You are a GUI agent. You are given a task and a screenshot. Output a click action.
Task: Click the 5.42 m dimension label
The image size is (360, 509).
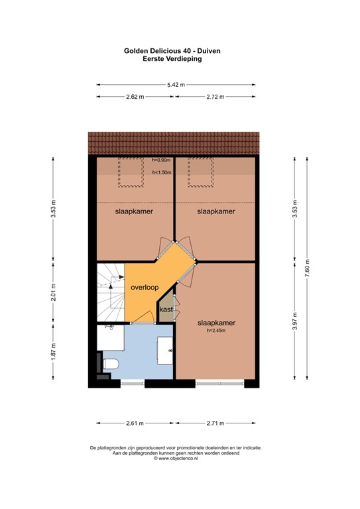[x=176, y=85]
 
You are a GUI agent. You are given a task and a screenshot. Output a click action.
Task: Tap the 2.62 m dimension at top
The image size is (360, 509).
[x=135, y=97]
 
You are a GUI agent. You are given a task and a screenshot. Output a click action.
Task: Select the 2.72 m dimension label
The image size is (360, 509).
[x=215, y=97]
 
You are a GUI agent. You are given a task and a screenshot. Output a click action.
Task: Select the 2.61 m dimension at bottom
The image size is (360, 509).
[x=135, y=423]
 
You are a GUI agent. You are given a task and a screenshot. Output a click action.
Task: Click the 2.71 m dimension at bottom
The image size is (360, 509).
[x=215, y=423]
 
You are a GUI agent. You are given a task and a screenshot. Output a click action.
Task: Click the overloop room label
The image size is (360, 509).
[x=144, y=288]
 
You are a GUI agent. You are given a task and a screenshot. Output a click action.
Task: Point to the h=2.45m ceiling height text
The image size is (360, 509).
[x=217, y=331]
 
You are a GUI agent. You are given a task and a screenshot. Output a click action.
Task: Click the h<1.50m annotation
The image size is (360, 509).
[x=162, y=172]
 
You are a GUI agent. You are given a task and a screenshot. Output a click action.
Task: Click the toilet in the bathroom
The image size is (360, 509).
[x=110, y=364]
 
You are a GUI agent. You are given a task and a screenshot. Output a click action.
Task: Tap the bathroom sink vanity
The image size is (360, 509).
[x=166, y=349]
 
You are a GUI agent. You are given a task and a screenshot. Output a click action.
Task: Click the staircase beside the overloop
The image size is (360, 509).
[x=111, y=292]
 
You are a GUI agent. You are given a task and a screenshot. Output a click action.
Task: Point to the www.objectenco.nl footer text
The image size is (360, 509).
[x=176, y=458]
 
